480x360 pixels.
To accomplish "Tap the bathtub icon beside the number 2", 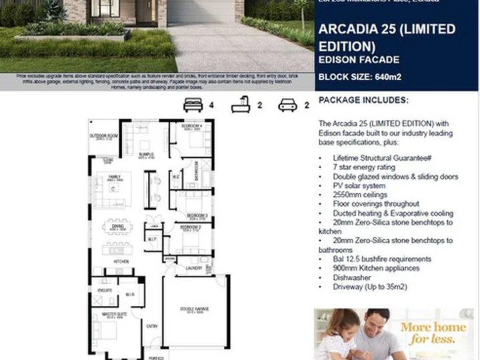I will (x=239, y=105).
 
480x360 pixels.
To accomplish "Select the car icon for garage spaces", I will (x=287, y=105).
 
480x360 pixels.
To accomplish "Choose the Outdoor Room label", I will (x=103, y=136).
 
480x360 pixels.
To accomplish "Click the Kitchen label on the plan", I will (x=121, y=261).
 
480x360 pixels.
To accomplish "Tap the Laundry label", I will (x=194, y=268).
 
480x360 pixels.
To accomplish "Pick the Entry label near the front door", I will (x=153, y=325).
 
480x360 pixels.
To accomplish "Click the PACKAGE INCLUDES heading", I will (x=363, y=100).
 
